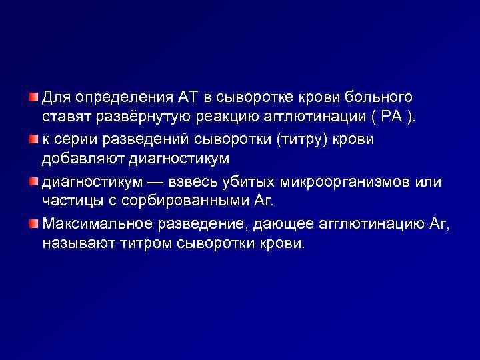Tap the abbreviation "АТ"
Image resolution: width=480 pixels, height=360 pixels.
pyautogui.click(x=187, y=99)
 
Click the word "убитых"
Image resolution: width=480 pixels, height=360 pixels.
pyautogui.click(x=273, y=181)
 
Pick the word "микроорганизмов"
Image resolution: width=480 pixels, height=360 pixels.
pyautogui.click(x=367, y=181)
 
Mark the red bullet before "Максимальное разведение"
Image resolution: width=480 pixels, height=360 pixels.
pyautogui.click(x=33, y=222)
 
